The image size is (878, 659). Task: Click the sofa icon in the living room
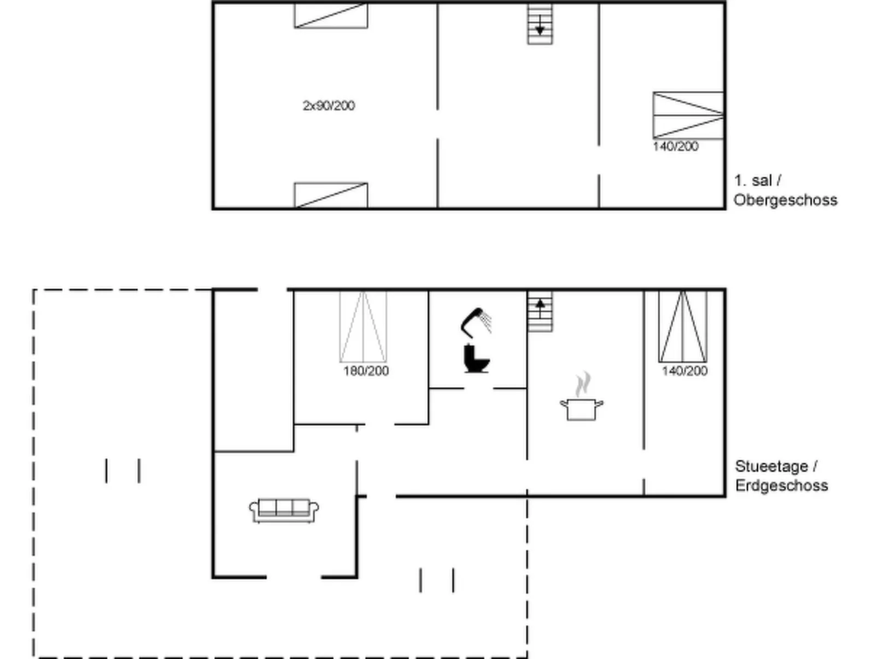coord(284,511)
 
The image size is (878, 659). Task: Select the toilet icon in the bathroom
coord(476,358)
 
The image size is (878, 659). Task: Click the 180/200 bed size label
coord(366,371)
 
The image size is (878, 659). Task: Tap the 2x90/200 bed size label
coord(329,106)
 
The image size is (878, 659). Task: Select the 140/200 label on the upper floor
coord(676,147)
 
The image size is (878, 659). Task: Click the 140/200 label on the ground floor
coord(684,371)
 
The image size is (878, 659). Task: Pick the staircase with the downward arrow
coord(540,24)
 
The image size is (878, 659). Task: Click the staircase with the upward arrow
coord(540,311)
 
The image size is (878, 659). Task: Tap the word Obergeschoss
coord(785,200)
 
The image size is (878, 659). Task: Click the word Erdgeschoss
coord(781,485)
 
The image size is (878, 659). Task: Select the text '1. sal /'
coord(758,180)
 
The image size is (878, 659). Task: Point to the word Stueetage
coord(771,466)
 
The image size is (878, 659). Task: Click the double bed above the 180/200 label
coord(363,326)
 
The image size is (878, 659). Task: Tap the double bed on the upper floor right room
coord(688,115)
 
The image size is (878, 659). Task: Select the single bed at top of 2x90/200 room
coord(331,16)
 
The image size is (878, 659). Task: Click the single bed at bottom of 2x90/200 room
coord(331,195)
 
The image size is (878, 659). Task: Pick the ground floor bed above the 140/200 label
coord(683,326)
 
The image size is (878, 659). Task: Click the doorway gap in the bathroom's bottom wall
coord(478,388)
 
